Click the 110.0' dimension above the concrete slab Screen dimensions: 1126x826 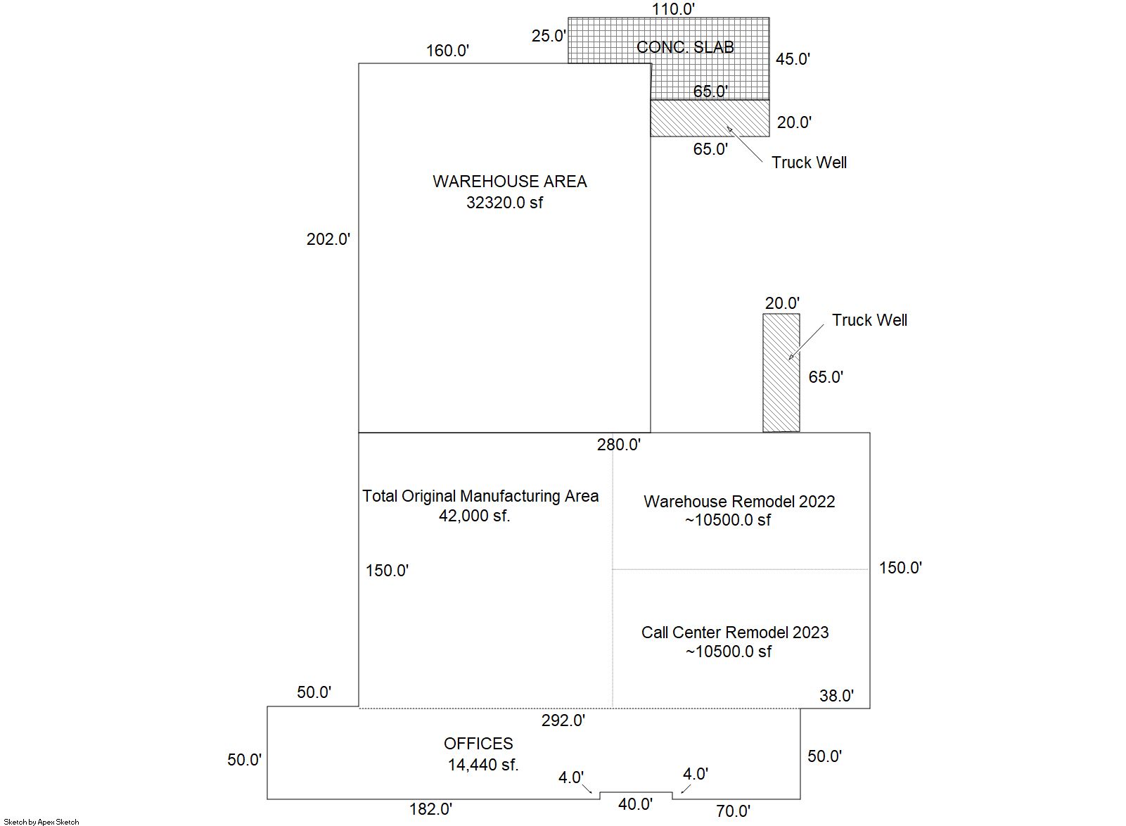tap(673, 9)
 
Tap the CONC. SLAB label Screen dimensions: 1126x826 tap(685, 47)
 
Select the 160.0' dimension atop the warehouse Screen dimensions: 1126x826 tap(447, 51)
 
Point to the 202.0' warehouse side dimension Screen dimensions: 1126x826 tap(328, 239)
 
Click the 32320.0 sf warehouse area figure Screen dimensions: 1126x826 tap(505, 203)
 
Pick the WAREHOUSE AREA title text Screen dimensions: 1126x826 tap(510, 182)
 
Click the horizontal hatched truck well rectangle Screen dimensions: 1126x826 tap(710, 118)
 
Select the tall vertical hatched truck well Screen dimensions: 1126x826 tap(781, 373)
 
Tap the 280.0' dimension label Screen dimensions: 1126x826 tap(619, 445)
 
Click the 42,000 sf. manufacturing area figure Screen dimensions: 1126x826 tap(475, 516)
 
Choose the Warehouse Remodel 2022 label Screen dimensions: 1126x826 tap(739, 502)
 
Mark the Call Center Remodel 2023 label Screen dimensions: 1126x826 tap(735, 633)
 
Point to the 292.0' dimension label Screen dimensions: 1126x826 tap(563, 720)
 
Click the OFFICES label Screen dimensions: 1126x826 tap(478, 744)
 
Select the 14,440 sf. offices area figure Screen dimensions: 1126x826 tap(483, 765)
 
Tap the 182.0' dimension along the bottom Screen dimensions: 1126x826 tap(431, 809)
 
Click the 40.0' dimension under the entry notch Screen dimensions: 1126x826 tap(635, 804)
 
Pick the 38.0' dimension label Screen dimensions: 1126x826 tap(836, 696)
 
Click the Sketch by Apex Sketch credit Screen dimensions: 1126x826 tap(41, 822)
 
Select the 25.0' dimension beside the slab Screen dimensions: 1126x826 tap(549, 36)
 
